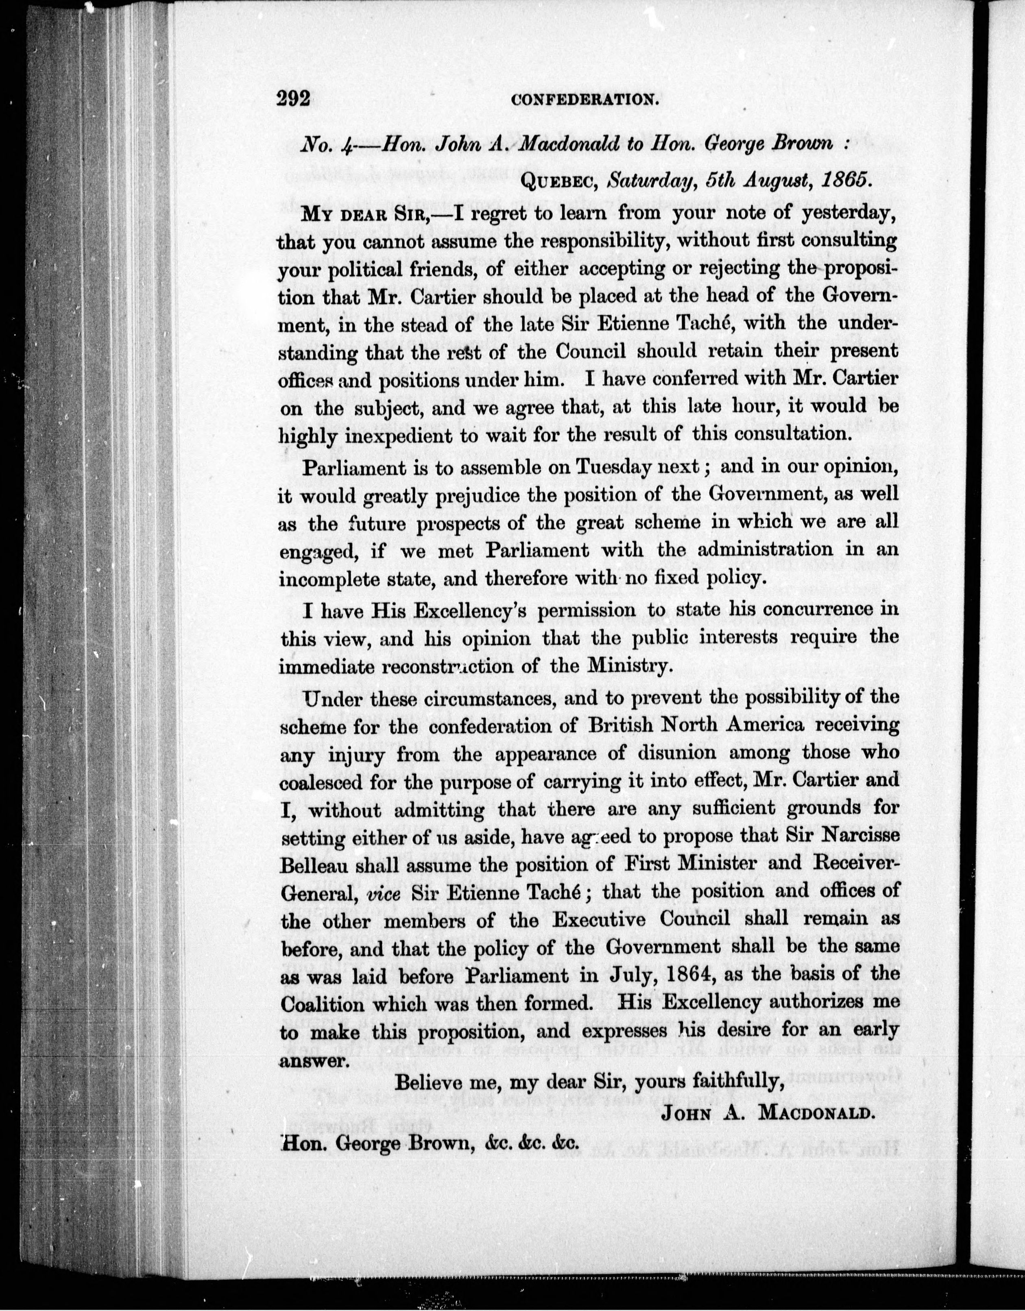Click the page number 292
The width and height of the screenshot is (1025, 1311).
click(x=292, y=98)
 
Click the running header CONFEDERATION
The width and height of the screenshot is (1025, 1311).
click(x=582, y=100)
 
